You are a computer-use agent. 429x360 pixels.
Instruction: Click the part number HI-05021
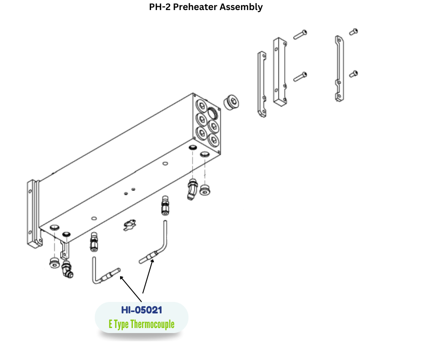(x=141, y=310)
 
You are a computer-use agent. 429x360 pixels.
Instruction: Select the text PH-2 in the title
(x=161, y=7)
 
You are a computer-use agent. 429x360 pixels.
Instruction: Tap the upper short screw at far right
(x=353, y=32)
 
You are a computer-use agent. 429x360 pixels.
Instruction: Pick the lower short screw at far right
(x=353, y=73)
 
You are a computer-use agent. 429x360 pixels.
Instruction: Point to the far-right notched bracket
(x=338, y=69)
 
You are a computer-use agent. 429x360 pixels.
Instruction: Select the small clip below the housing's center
(x=130, y=224)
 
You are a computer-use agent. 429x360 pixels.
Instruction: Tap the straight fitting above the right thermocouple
(x=164, y=205)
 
